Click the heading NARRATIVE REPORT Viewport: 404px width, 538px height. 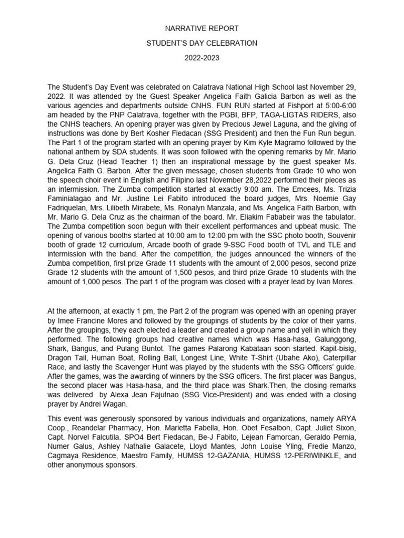(x=201, y=28)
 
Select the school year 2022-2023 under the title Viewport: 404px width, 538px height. (x=201, y=58)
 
